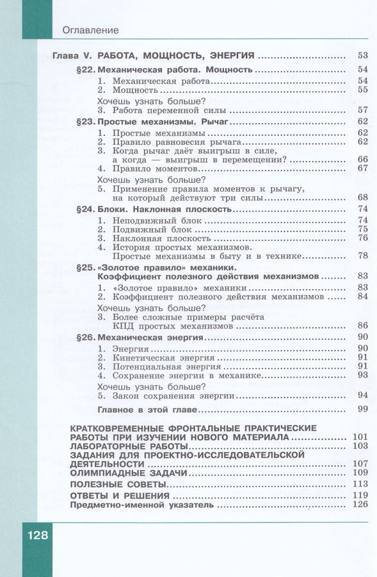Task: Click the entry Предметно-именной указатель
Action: coord(139,505)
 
